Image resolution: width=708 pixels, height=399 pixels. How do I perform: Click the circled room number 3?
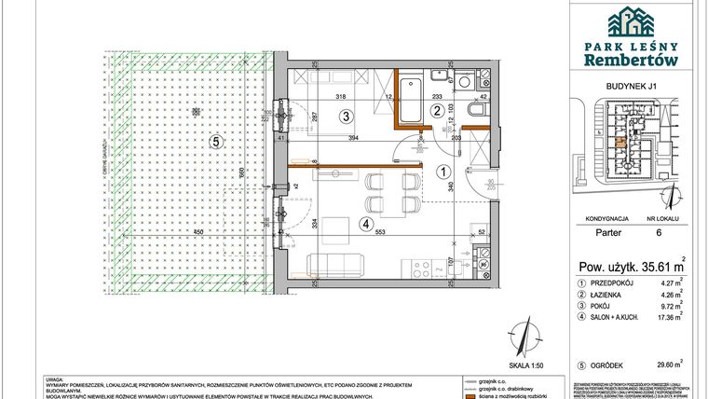[x=346, y=117]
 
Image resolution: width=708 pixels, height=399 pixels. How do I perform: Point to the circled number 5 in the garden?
[x=215, y=142]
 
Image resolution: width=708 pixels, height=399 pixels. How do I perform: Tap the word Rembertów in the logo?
[x=631, y=59]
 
